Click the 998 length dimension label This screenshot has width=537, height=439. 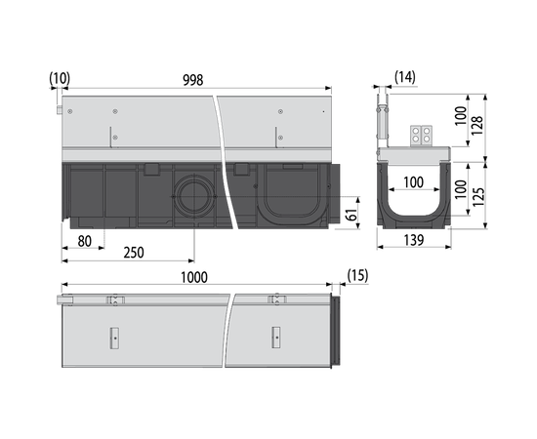pos(192,80)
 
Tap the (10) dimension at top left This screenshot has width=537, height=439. pos(60,78)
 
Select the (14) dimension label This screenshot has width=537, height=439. pos(405,77)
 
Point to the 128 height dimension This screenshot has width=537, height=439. pos(477,126)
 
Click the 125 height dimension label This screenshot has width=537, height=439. pos(478,196)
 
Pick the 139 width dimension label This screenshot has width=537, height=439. pos(414,240)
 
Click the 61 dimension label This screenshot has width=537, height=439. pos(351,214)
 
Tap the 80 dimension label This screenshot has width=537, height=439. pos(84,242)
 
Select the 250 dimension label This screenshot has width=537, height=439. pos(134,253)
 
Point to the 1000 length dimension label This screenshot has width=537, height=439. pos(194,277)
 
